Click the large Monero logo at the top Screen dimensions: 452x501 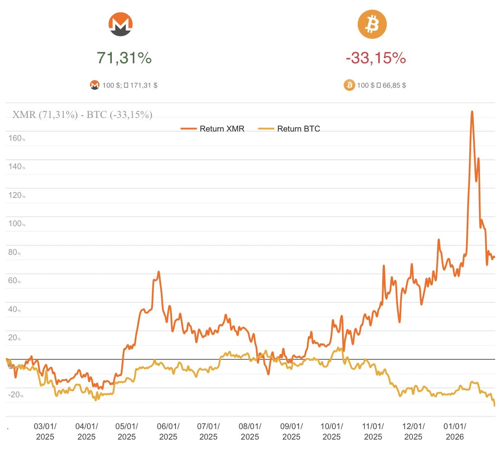tap(121, 24)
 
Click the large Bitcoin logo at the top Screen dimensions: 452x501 tap(372, 24)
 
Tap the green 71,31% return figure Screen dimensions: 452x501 tap(124, 58)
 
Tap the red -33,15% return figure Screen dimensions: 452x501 tap(376, 58)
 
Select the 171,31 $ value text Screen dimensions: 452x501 tap(144, 85)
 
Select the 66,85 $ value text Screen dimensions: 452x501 tap(394, 85)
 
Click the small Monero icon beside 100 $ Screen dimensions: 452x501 tap(95, 85)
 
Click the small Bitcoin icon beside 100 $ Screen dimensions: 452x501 tap(349, 85)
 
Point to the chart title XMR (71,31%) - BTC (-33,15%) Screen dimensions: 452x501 tap(82, 115)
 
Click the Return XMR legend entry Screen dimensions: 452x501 tap(213, 129)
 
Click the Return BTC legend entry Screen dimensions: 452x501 tap(289, 129)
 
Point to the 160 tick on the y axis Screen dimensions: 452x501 tap(15, 138)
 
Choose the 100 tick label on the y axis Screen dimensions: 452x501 tap(15, 224)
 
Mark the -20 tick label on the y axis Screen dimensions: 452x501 tap(15, 395)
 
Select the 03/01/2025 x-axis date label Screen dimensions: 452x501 tap(45, 432)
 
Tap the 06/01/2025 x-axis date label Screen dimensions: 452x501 tap(168, 432)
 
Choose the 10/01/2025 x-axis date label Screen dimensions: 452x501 tap(331, 432)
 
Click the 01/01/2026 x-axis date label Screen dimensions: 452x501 tap(455, 432)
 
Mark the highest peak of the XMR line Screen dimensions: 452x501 tap(472, 112)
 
